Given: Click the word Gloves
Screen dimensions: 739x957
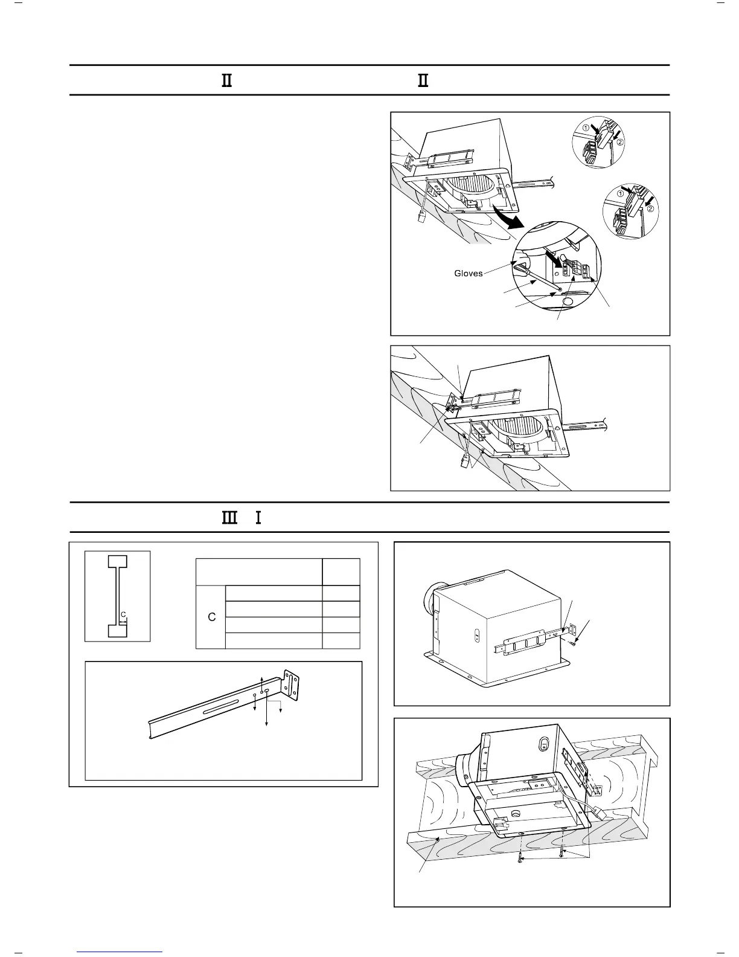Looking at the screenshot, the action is [x=468, y=273].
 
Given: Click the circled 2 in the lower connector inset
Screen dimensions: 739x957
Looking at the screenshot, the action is [x=651, y=209].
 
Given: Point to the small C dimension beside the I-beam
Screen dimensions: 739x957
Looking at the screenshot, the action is [x=123, y=615].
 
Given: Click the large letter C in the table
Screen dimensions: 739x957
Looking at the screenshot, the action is [x=211, y=617].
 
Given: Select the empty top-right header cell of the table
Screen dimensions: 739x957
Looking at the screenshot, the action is [x=341, y=572].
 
